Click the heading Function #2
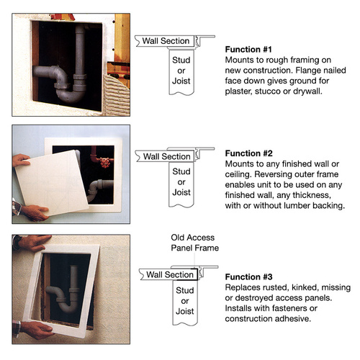[x=248, y=153]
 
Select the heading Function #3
[x=248, y=277]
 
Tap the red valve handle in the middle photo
[x=105, y=163]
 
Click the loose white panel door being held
[x=52, y=182]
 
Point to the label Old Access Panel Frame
[x=194, y=243]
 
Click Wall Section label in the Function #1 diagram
[x=166, y=41]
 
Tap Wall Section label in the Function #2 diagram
[x=166, y=157]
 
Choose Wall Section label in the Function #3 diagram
[x=170, y=274]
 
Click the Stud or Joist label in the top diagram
[x=181, y=71]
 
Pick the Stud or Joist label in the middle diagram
[x=181, y=182]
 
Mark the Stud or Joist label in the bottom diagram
[x=185, y=301]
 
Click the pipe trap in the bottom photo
[x=63, y=300]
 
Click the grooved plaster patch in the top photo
[x=117, y=95]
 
